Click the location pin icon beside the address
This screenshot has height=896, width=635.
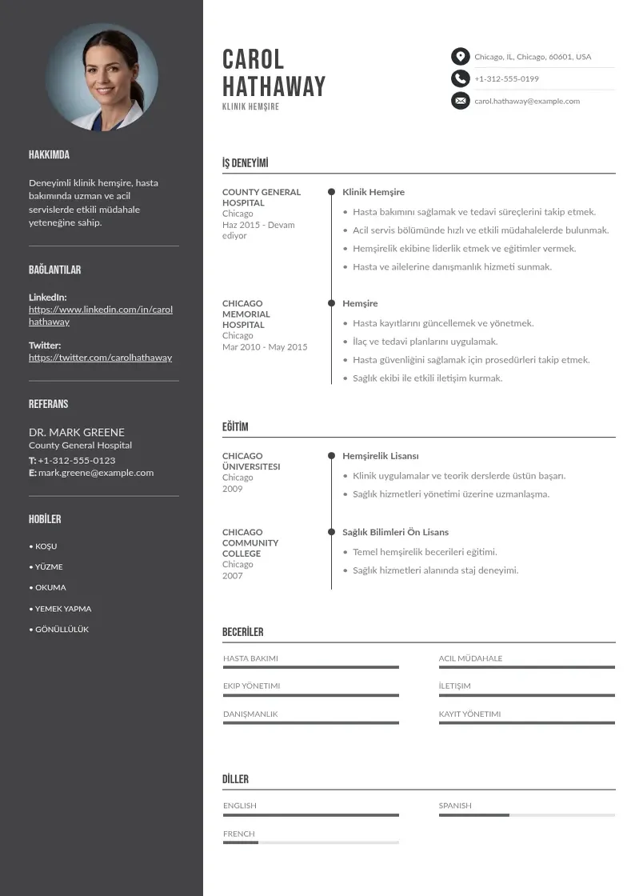tap(460, 57)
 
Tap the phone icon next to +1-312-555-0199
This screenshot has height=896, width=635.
tap(460, 78)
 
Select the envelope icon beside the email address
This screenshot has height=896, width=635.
tap(460, 101)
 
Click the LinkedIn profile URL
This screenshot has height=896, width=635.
tap(101, 315)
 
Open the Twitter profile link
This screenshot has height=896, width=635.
tap(100, 358)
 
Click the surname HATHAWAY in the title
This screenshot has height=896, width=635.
tap(274, 86)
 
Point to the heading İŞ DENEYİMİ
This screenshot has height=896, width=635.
tap(245, 164)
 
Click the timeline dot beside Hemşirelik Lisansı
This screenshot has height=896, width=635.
tap(331, 456)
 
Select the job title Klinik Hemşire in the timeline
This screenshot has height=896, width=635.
tap(373, 192)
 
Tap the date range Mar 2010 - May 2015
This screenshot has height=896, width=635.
tap(265, 347)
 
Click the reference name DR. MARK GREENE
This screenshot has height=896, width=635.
tap(77, 432)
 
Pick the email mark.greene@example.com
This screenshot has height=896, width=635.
tap(96, 473)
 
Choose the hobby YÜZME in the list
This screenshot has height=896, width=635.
tap(48, 567)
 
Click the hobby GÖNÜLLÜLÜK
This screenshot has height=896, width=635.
tap(62, 630)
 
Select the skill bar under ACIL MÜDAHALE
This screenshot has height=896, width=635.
tap(526, 667)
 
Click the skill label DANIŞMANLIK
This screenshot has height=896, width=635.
tap(250, 714)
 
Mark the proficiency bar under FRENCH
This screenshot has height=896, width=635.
tap(310, 843)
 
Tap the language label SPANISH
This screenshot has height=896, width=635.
tap(455, 806)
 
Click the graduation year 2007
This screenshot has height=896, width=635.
tap(233, 576)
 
